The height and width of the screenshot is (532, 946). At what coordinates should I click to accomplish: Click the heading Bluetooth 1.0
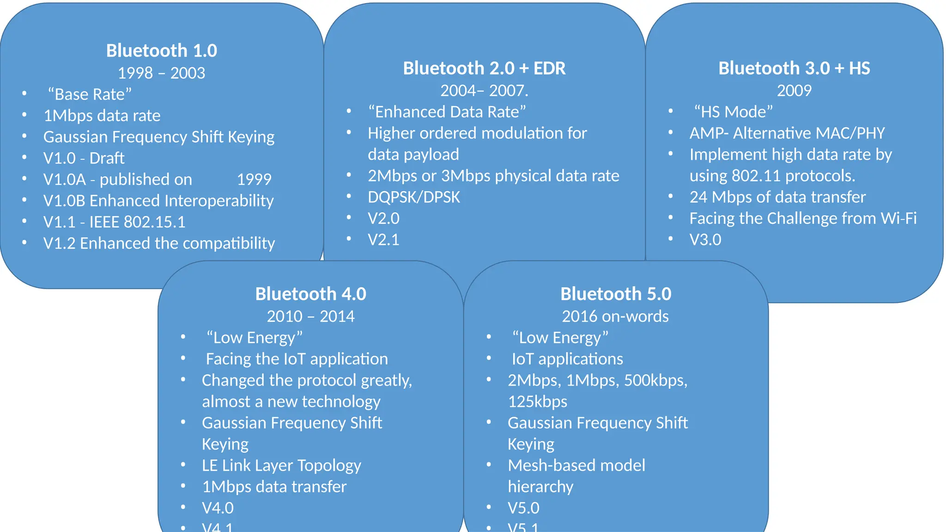(x=161, y=51)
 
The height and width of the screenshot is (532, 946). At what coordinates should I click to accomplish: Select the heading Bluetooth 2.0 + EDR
(x=484, y=68)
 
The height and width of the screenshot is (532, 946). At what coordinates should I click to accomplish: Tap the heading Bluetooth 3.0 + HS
(x=794, y=68)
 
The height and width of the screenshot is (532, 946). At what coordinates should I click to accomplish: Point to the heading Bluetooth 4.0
(x=310, y=294)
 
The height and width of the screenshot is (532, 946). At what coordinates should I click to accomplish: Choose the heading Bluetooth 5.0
(x=616, y=294)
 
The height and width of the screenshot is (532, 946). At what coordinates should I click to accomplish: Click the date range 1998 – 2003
(x=161, y=73)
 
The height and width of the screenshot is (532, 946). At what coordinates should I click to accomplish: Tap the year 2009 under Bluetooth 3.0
(x=794, y=91)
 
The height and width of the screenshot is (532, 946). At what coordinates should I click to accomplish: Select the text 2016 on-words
(x=615, y=316)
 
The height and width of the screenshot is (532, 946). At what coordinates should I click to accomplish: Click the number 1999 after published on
(x=254, y=179)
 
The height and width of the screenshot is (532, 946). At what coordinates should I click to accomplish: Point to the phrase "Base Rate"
(x=90, y=94)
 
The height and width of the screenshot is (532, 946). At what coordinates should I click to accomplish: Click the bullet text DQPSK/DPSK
(x=414, y=197)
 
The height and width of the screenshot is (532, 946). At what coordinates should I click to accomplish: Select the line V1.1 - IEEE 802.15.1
(x=114, y=222)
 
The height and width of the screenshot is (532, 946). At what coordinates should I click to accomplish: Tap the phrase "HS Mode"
(x=733, y=112)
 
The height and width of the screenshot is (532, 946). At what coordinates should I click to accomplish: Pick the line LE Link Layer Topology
(x=281, y=465)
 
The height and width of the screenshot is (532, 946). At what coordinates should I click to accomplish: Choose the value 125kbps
(x=537, y=402)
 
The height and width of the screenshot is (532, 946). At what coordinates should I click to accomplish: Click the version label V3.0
(x=705, y=240)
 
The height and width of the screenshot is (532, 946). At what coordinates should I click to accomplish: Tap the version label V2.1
(x=383, y=240)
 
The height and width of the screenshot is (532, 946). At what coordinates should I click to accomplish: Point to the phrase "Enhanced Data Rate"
(x=447, y=112)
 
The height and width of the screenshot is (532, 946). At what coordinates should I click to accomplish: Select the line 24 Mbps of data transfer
(x=777, y=197)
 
